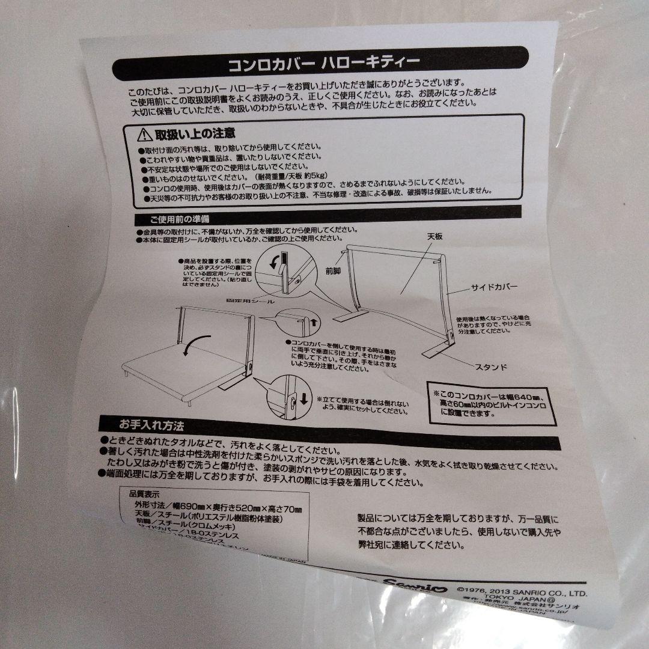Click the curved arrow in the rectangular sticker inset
click(275, 263)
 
